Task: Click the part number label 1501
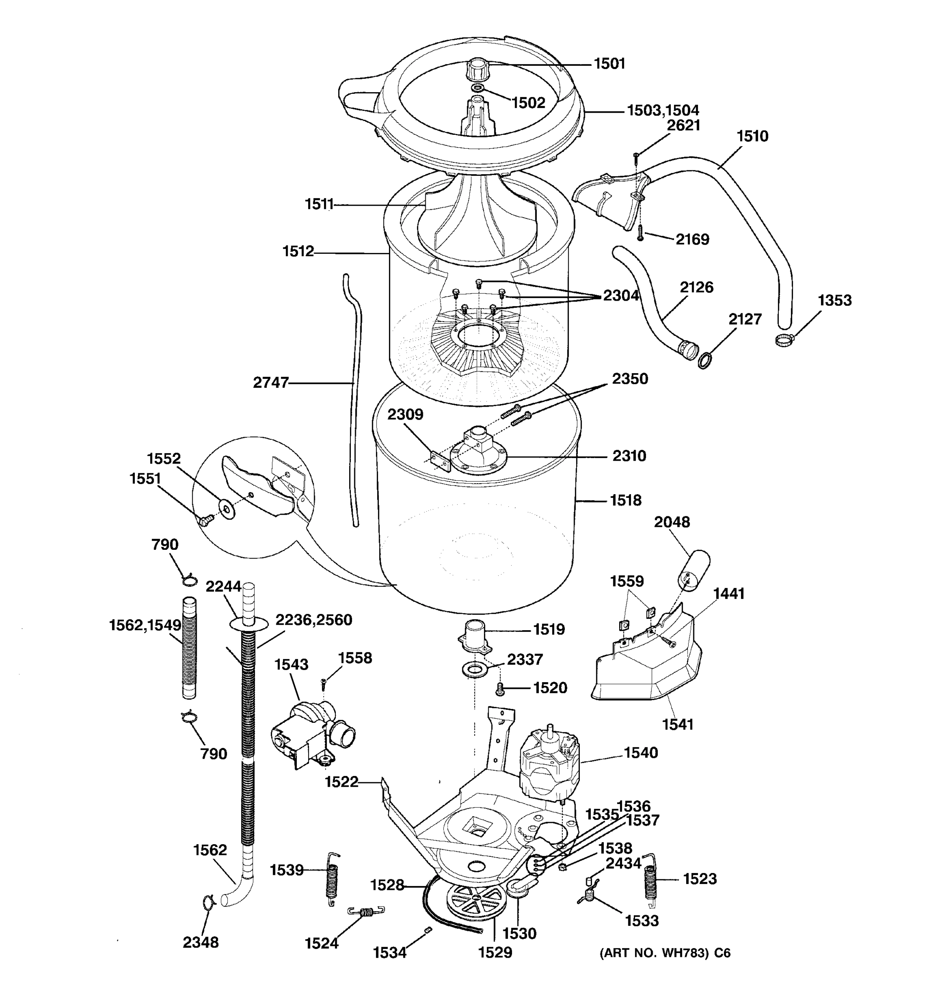click(x=609, y=64)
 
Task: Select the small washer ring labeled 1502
click(x=477, y=89)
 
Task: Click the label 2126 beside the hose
click(x=696, y=287)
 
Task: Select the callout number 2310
click(x=629, y=456)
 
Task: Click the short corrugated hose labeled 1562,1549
click(x=188, y=648)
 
